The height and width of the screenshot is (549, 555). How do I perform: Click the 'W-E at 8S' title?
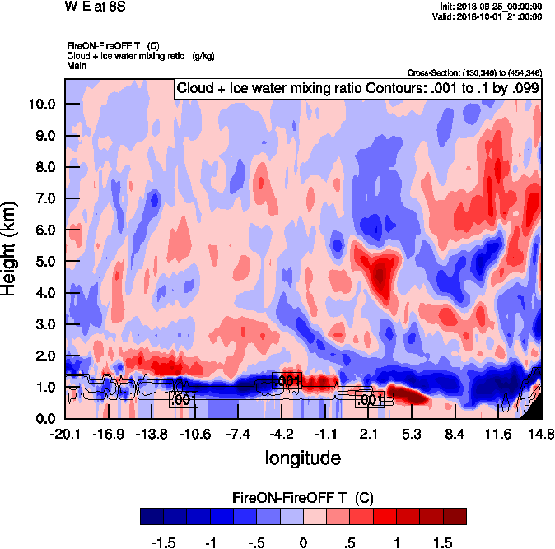(90, 7)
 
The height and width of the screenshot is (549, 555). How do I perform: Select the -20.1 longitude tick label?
(64, 434)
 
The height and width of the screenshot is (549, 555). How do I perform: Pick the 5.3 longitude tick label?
(413, 434)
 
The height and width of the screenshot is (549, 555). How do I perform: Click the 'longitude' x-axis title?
(302, 457)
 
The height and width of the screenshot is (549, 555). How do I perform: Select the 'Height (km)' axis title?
(11, 248)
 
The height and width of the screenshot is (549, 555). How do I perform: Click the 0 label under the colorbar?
(303, 543)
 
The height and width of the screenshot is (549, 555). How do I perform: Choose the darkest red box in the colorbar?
(455, 516)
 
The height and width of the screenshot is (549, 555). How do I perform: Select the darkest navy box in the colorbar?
(152, 516)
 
